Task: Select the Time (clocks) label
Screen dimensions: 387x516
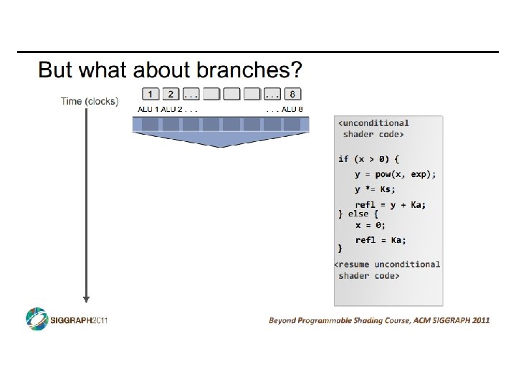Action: coord(90,101)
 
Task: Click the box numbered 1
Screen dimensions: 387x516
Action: coord(150,94)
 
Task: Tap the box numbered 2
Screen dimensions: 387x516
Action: coord(171,94)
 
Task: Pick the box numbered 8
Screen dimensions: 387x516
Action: coord(292,94)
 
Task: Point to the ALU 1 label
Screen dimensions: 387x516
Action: coord(148,110)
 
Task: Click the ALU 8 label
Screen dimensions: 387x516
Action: coord(292,110)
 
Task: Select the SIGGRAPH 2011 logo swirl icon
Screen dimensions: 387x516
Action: coord(37,319)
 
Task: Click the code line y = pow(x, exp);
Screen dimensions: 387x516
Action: coord(395,174)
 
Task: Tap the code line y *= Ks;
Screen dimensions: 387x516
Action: coord(375,189)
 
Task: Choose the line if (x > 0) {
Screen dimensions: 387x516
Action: coord(368,158)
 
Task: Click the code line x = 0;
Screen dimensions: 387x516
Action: coord(370,225)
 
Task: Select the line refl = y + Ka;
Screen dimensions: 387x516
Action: coord(390,205)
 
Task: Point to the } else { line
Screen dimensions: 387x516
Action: coord(358,214)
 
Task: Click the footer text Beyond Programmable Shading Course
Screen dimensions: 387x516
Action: coord(340,320)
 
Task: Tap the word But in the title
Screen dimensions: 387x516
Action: coord(54,70)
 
